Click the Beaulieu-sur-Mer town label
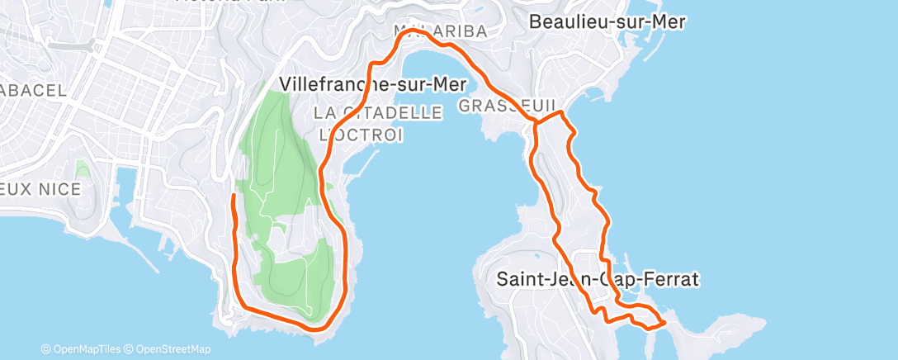(x=607, y=22)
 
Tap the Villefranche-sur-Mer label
(x=374, y=84)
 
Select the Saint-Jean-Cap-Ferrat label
(x=598, y=279)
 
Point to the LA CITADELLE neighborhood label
(x=379, y=113)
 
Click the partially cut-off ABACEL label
(x=33, y=91)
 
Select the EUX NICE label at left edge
(x=40, y=189)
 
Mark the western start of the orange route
(x=234, y=196)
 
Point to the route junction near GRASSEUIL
(x=537, y=123)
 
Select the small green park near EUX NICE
(x=82, y=170)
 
